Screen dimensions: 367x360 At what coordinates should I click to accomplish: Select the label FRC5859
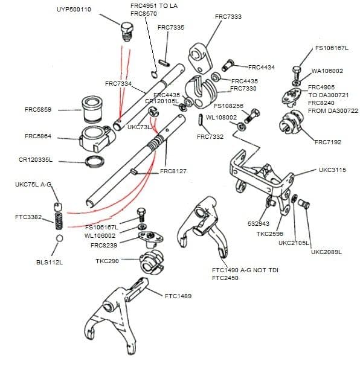(x=38, y=110)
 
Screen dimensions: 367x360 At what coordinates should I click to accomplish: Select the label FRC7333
(x=228, y=16)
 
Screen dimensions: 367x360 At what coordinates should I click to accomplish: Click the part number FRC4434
(x=261, y=67)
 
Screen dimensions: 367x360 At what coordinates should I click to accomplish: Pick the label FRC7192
(x=328, y=142)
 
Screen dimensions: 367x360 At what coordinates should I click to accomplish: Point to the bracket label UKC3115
(x=332, y=170)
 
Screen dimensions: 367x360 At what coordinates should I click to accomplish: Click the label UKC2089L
(x=326, y=252)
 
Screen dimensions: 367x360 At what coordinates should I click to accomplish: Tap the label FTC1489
(x=178, y=296)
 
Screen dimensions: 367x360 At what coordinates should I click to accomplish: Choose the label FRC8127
(x=173, y=171)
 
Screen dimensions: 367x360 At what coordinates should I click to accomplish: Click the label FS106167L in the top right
(x=332, y=48)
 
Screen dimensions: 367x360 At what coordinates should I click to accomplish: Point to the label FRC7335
(x=171, y=28)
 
